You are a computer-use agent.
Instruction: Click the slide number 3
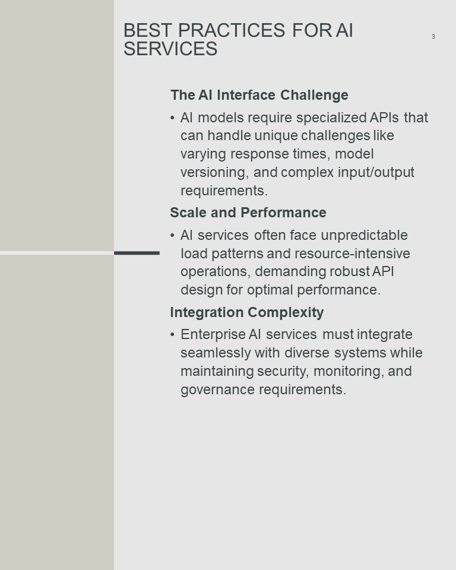[433, 36]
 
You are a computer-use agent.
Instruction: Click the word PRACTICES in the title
[232, 30]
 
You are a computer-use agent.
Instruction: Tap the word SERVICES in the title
[170, 49]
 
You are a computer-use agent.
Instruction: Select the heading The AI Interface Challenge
[259, 95]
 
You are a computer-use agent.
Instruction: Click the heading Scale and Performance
[248, 213]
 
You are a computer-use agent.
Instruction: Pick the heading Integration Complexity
[247, 313]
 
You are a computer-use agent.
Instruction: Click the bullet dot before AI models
[172, 118]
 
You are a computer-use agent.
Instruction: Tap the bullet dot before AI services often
[172, 236]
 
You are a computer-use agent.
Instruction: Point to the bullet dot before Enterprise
[172, 334]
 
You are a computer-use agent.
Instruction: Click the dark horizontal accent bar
[137, 253]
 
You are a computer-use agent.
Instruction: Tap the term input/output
[376, 173]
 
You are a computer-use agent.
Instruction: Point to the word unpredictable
[365, 235]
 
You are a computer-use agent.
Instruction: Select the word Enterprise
[213, 335]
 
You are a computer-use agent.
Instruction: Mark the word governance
[217, 390]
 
